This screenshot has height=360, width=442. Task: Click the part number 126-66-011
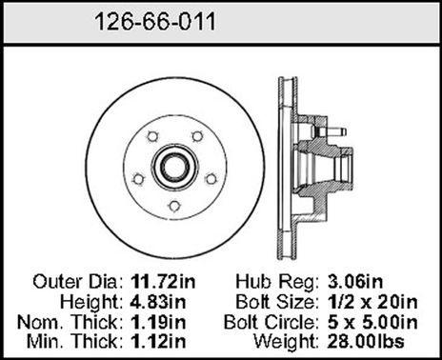[155, 22]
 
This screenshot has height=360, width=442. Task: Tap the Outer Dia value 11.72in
[163, 282]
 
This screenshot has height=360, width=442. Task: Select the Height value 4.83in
[158, 302]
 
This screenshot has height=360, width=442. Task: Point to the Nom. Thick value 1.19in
[158, 322]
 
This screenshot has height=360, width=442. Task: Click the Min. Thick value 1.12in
[158, 342]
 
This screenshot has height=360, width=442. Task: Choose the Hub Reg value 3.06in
[355, 282]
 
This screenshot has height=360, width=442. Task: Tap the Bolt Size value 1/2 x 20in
[372, 302]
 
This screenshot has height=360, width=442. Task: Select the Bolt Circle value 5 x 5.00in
[372, 322]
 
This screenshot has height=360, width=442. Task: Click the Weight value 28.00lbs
[366, 342]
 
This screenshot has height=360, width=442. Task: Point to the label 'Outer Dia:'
[78, 282]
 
